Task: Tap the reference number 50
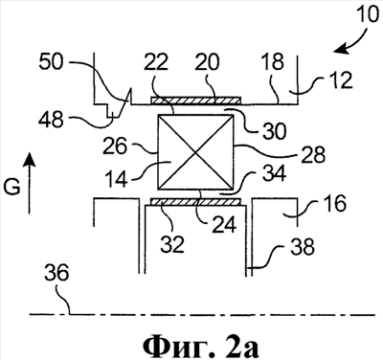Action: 52,62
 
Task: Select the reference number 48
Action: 51,120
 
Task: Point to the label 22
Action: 155,61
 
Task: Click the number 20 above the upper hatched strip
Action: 207,61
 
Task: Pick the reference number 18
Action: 272,61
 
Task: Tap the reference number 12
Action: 341,79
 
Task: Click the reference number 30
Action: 274,130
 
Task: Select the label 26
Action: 115,146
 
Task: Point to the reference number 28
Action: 314,154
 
